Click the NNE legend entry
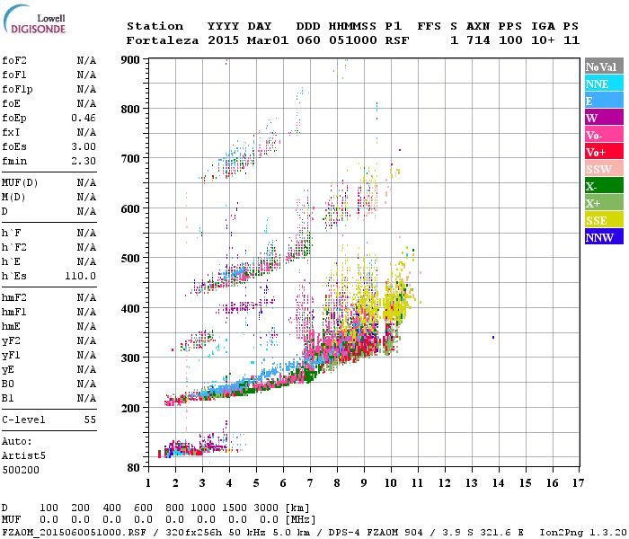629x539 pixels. point(604,84)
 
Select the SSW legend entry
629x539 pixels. point(604,169)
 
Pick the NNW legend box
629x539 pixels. point(604,237)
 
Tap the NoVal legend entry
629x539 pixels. point(604,66)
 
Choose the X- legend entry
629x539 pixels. point(604,186)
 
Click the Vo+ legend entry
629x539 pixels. point(604,152)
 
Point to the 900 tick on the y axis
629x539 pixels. point(131,59)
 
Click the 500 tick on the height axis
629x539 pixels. point(131,258)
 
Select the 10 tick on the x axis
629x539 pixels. point(390,482)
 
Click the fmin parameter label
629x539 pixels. point(14,161)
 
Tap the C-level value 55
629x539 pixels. point(90,420)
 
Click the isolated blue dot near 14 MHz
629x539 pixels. point(493,337)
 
